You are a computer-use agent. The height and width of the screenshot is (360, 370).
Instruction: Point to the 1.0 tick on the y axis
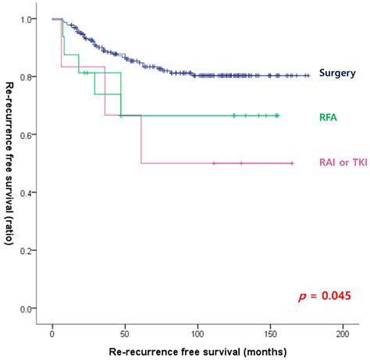(28, 19)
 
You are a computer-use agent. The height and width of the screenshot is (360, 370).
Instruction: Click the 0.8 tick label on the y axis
(28, 77)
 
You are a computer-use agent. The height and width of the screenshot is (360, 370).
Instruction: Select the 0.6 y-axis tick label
(28, 134)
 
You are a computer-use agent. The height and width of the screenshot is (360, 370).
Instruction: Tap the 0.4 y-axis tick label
(28, 192)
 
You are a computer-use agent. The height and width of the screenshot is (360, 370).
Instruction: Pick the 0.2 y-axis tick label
(28, 251)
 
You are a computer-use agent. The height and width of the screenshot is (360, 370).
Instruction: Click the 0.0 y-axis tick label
(28, 308)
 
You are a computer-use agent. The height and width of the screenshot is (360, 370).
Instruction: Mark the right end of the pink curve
(292, 163)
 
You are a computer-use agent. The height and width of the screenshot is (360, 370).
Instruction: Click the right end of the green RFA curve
(278, 115)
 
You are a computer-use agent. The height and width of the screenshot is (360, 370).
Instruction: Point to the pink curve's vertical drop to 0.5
(141, 141)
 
